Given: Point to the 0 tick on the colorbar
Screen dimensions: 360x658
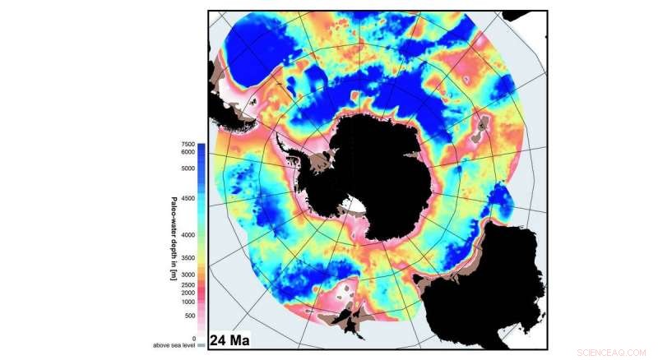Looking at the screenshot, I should (x=192, y=338).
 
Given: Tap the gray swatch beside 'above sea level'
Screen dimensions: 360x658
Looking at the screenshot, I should (x=202, y=345).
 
